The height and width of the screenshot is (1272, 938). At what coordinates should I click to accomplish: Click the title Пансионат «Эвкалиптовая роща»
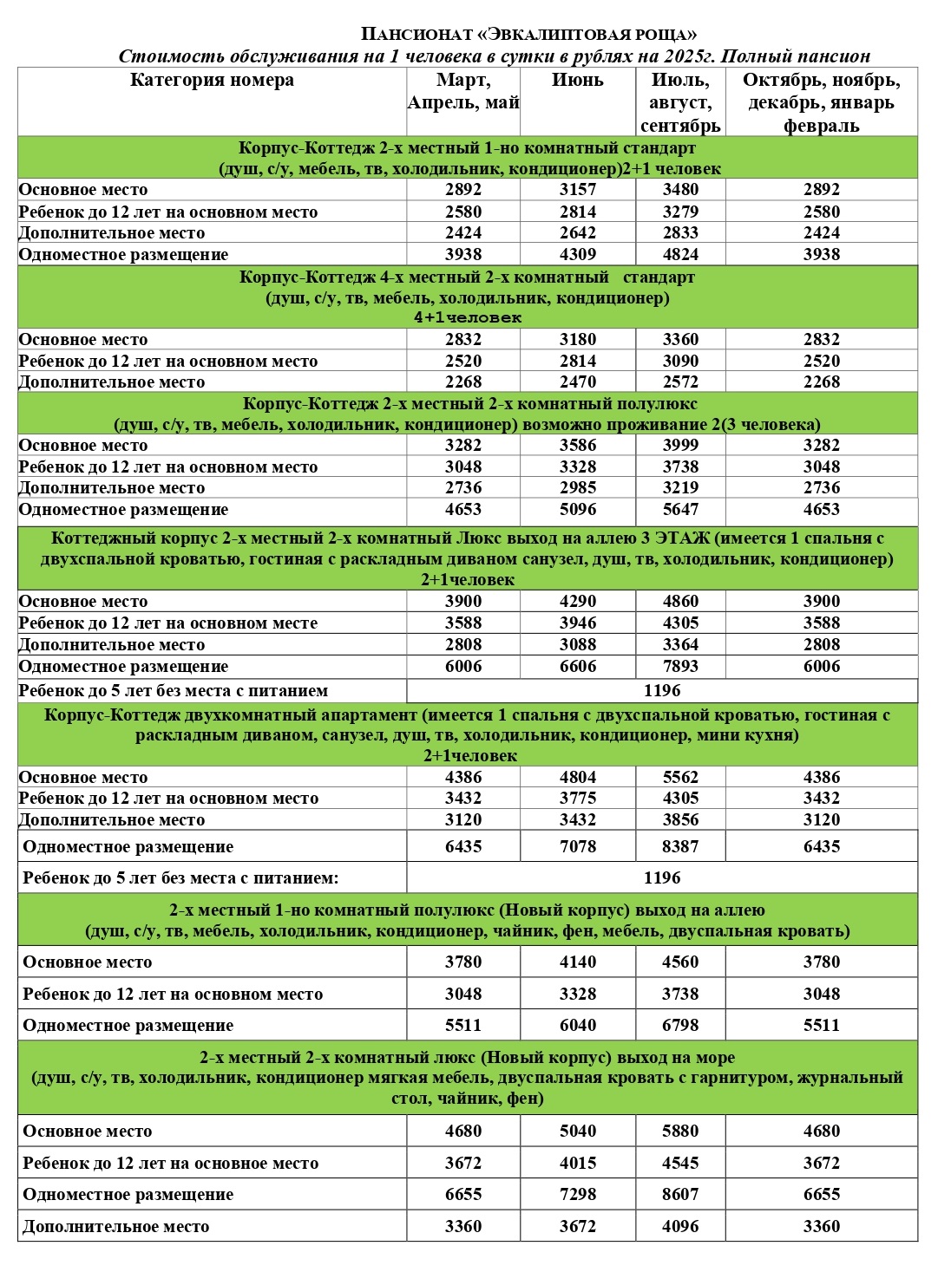(528, 35)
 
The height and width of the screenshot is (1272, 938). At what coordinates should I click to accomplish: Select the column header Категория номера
(212, 81)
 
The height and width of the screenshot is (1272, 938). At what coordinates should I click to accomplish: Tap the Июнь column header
(577, 81)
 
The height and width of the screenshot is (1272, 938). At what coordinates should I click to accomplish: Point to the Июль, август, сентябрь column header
(680, 103)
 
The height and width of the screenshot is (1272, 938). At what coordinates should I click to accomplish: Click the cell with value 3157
(577, 190)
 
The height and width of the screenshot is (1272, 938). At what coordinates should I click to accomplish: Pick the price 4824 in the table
(680, 255)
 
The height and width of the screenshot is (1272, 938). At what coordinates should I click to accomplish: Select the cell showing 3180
(577, 340)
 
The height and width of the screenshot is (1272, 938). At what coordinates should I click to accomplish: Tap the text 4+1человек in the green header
(468, 318)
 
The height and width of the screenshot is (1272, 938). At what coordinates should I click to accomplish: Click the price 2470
(577, 382)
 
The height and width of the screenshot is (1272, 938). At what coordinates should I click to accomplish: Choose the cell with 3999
(680, 446)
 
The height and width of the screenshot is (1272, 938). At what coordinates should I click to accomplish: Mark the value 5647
(680, 510)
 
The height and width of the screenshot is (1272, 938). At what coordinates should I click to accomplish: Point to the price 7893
(680, 667)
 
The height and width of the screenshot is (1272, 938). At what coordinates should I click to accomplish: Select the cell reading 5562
(680, 778)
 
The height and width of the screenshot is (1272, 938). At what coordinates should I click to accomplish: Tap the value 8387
(680, 847)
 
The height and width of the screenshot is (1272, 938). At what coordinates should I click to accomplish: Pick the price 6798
(680, 1026)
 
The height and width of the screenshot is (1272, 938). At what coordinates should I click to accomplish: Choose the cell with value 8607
(680, 1195)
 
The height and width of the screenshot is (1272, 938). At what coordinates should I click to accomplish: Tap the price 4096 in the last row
(680, 1227)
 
